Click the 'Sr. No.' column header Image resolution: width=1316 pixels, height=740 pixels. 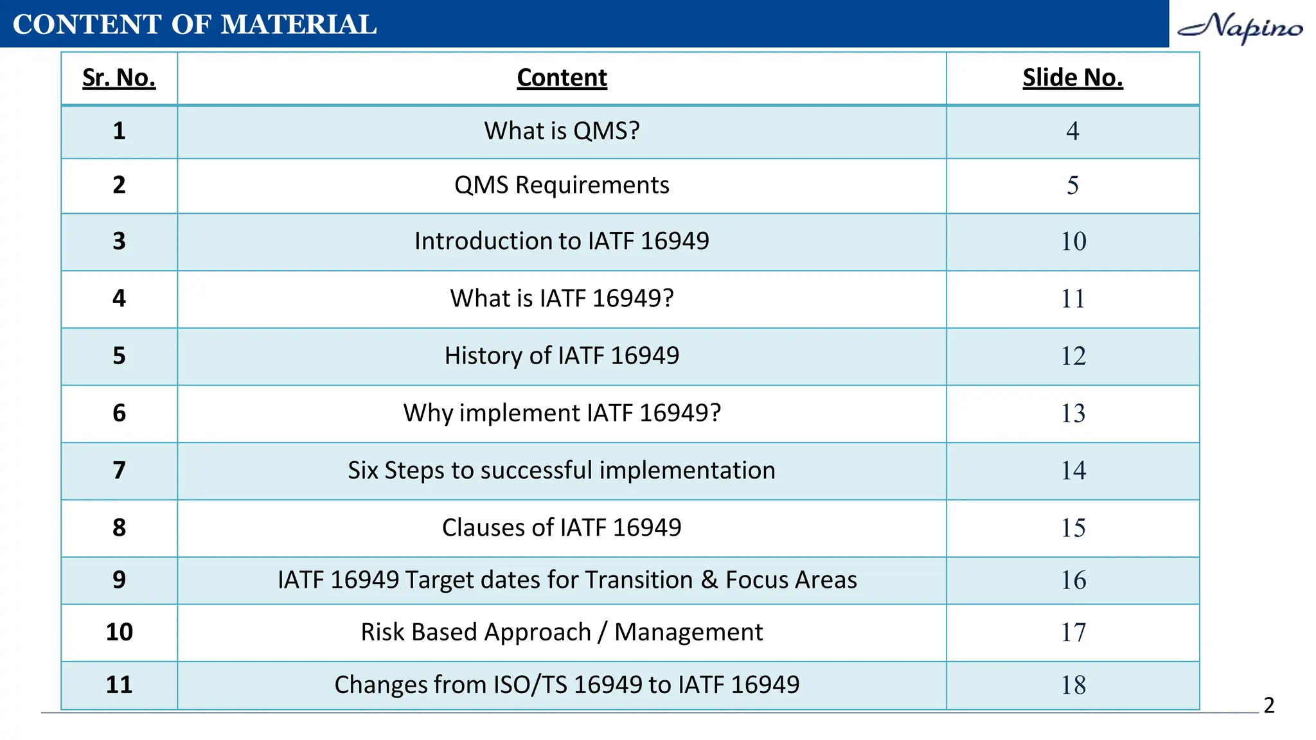pyautogui.click(x=119, y=78)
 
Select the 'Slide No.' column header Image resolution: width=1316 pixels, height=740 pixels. pyautogui.click(x=1072, y=78)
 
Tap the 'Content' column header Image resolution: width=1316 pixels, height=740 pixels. pyautogui.click(x=562, y=78)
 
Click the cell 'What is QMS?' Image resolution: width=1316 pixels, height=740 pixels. pyautogui.click(x=562, y=131)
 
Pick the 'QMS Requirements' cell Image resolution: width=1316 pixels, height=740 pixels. pyautogui.click(x=562, y=185)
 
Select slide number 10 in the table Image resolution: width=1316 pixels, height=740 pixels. pyautogui.click(x=1073, y=242)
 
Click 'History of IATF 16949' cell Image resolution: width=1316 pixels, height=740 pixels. pyautogui.click(x=562, y=356)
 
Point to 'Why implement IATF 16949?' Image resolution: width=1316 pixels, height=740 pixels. pyautogui.click(x=562, y=413)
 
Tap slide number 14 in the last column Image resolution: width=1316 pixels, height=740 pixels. pyautogui.click(x=1073, y=471)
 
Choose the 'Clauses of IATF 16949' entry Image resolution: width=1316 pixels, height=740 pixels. pyautogui.click(x=562, y=528)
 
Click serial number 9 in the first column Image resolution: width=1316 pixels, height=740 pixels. pyautogui.click(x=119, y=580)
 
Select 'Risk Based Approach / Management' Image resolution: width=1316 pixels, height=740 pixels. pyautogui.click(x=562, y=632)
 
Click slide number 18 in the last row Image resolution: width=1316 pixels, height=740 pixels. pyautogui.click(x=1073, y=685)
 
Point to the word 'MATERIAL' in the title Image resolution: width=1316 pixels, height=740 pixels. pyautogui.click(x=299, y=24)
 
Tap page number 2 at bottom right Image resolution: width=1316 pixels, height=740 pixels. pyautogui.click(x=1268, y=705)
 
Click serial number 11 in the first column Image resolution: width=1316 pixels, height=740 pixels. pyautogui.click(x=119, y=685)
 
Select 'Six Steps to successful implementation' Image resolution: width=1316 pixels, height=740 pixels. pyautogui.click(x=562, y=471)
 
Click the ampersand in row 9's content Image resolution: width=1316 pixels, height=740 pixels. pyautogui.click(x=709, y=580)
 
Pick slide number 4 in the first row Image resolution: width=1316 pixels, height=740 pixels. pyautogui.click(x=1072, y=131)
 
